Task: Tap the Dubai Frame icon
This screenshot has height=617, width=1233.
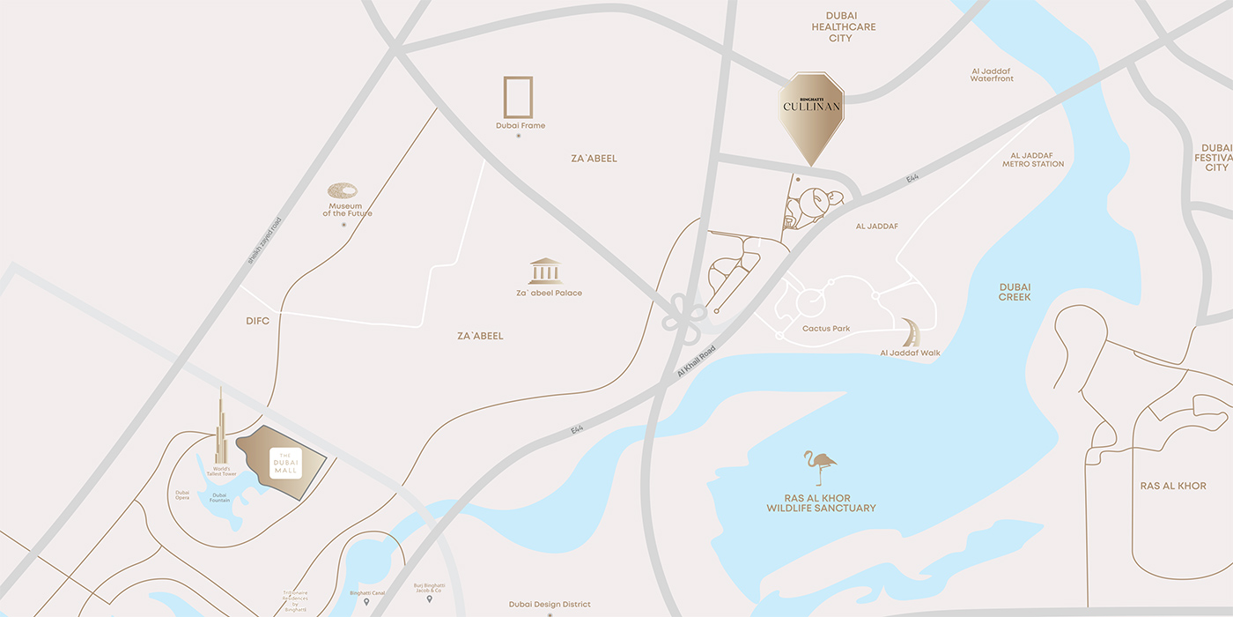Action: (x=518, y=97)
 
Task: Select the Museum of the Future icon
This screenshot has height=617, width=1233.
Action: (x=343, y=191)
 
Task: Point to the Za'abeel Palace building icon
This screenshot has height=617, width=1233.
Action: (x=545, y=271)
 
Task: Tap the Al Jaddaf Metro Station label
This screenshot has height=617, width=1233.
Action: (x=1033, y=160)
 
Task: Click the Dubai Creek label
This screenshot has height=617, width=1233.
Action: (x=1015, y=292)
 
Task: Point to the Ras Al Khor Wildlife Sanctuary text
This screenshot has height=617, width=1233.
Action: (x=821, y=502)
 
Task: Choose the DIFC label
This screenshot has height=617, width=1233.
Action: (x=258, y=321)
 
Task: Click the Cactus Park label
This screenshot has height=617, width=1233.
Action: (x=826, y=329)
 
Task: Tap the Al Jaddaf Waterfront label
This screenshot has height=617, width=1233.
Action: (x=993, y=75)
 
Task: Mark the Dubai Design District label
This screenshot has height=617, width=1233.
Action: (x=550, y=605)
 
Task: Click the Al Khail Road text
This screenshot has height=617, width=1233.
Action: (x=696, y=361)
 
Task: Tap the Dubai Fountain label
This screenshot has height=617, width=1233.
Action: (x=219, y=497)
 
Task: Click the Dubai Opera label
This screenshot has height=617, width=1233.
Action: (x=182, y=495)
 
